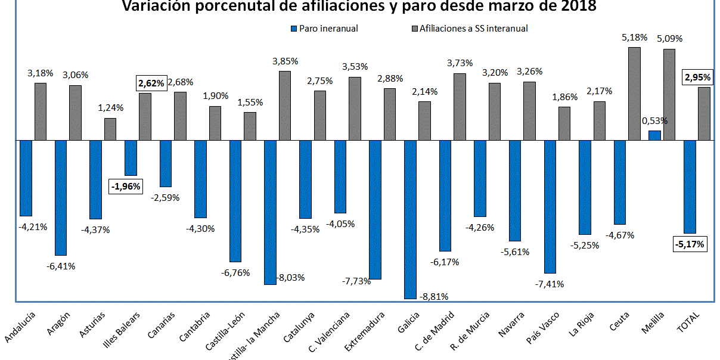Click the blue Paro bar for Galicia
(x=410, y=219)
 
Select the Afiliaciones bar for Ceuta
(x=634, y=94)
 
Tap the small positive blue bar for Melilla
(x=654, y=135)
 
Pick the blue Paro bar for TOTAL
(x=690, y=187)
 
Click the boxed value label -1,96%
(x=126, y=186)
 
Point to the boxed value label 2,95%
(x=697, y=77)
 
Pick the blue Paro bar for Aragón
(x=61, y=197)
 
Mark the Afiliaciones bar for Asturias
(x=110, y=129)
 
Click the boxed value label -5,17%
(x=690, y=244)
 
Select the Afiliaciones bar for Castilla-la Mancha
(x=285, y=105)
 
